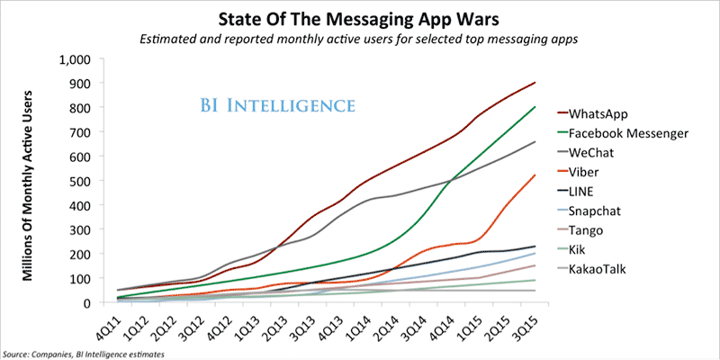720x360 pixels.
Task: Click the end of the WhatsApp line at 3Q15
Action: tap(535, 83)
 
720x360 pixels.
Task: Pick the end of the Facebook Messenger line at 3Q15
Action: tap(535, 107)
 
